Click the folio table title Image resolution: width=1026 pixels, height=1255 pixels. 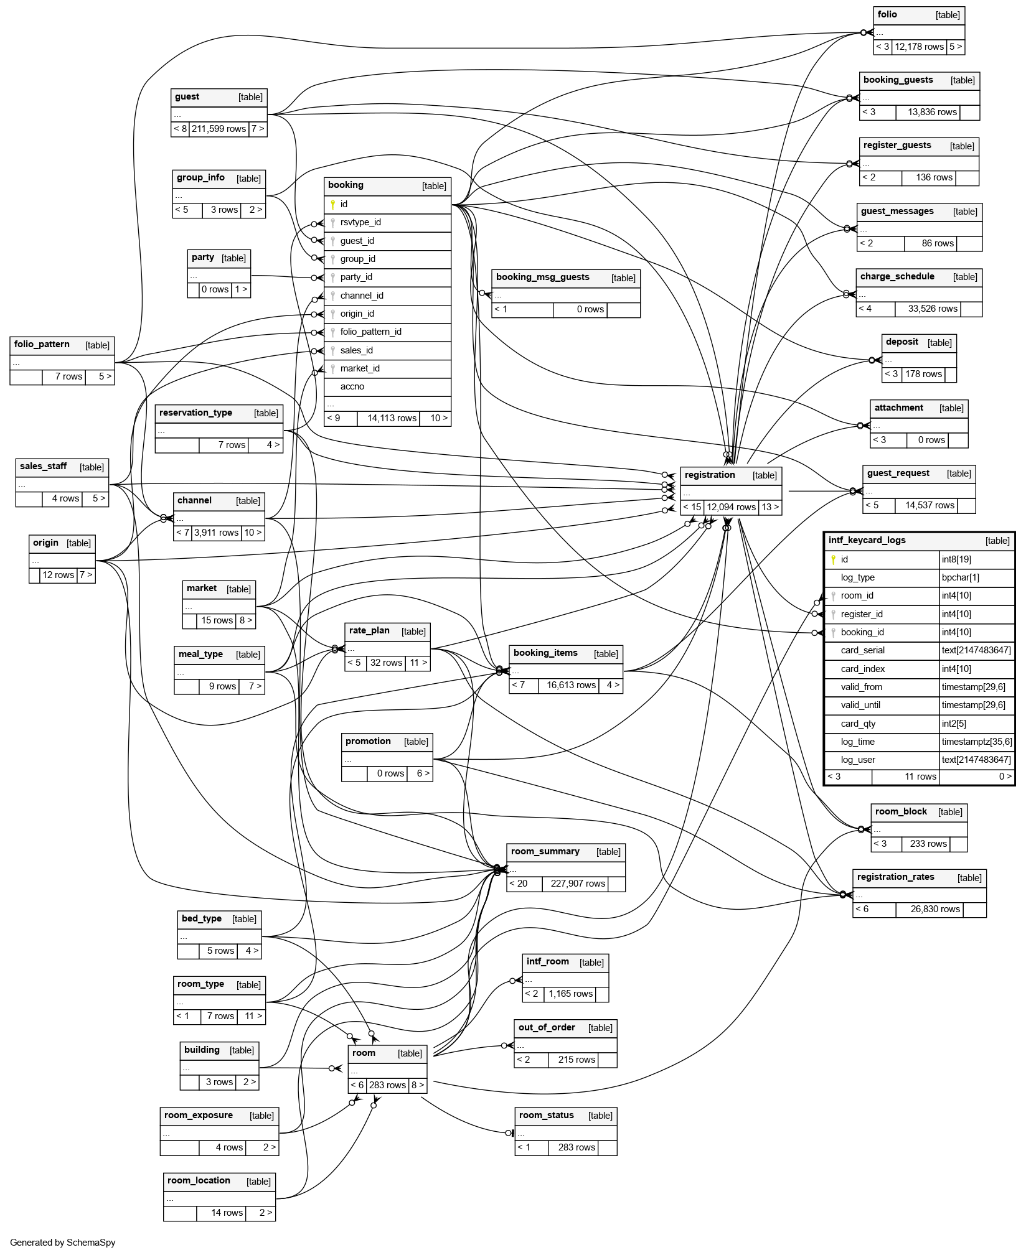tap(887, 15)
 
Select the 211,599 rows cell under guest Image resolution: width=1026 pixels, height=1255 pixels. tap(219, 129)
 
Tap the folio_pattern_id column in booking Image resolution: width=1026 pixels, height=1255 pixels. tap(370, 332)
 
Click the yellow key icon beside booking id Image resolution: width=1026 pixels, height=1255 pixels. tap(333, 205)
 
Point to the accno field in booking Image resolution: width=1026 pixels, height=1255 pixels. tap(352, 387)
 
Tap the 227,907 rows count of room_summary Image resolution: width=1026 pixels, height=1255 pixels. tap(577, 884)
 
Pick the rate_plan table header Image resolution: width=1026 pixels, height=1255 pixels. tap(369, 631)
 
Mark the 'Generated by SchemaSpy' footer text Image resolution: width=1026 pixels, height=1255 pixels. tap(63, 1243)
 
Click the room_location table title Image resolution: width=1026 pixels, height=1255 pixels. tap(199, 1181)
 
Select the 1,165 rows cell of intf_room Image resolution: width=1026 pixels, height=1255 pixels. tap(570, 994)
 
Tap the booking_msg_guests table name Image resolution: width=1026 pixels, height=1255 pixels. tap(542, 278)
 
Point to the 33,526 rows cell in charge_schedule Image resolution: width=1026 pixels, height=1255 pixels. tap(932, 309)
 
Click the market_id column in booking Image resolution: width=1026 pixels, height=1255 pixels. tap(360, 369)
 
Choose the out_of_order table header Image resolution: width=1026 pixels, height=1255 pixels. tap(547, 1028)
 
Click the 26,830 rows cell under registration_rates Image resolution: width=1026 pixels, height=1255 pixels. tap(935, 910)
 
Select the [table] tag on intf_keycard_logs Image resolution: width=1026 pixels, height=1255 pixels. tap(997, 541)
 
